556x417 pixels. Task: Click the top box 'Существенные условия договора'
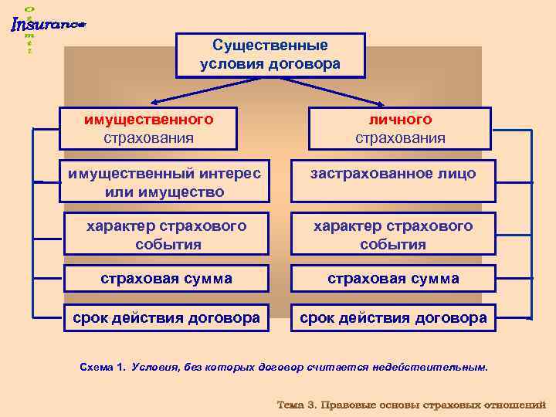click(270, 55)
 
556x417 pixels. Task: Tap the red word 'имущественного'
click(149, 120)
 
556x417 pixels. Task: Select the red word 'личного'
click(400, 120)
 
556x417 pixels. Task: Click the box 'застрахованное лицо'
click(393, 175)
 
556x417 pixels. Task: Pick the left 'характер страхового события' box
click(166, 235)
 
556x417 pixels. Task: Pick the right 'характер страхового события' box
click(393, 235)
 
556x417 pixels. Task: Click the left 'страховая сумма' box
click(166, 279)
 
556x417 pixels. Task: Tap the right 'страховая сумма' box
click(393, 279)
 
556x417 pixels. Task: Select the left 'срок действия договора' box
click(166, 317)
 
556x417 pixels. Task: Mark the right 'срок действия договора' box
click(393, 317)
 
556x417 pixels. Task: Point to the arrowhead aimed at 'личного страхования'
click(384, 103)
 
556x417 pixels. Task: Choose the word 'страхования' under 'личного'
click(400, 137)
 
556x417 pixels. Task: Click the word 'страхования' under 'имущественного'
click(149, 137)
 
